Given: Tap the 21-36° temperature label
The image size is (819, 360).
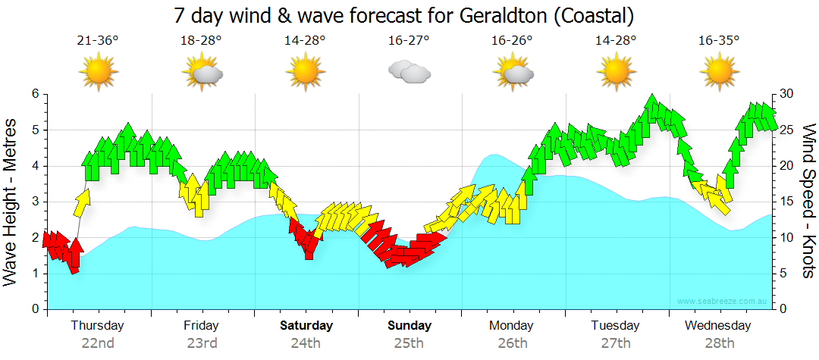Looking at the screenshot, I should click(x=98, y=41).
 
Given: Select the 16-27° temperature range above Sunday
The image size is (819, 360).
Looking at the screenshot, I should click(x=408, y=41).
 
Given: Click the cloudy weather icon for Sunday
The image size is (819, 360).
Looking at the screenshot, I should click(x=409, y=72).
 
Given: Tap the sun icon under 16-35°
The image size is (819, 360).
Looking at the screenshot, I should click(x=719, y=72).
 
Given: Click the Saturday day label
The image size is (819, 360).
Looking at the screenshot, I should click(x=306, y=326).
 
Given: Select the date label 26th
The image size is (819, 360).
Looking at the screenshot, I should click(x=513, y=343).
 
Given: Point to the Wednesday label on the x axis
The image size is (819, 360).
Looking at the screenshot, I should click(x=717, y=326).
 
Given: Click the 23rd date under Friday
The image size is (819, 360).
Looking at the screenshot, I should click(x=202, y=343).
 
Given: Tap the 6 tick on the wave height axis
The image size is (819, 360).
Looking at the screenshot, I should click(x=35, y=94).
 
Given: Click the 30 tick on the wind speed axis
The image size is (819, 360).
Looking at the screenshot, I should click(x=787, y=94).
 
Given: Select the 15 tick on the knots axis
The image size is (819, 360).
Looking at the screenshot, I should click(x=787, y=202).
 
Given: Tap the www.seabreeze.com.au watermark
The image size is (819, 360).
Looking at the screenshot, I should click(x=722, y=302).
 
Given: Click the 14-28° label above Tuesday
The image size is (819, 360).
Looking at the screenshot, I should click(x=616, y=41).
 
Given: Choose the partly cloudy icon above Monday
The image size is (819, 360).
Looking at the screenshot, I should click(x=513, y=72).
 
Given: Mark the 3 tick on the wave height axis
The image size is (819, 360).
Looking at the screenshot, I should click(x=35, y=202).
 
